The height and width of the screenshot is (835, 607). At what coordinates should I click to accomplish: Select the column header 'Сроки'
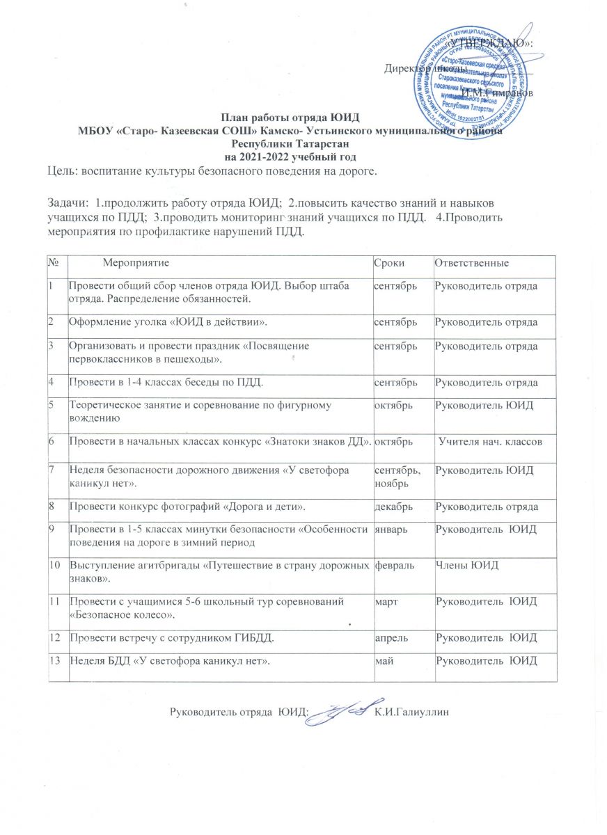coord(388,264)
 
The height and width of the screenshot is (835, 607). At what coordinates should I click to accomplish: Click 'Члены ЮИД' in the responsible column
coord(463,565)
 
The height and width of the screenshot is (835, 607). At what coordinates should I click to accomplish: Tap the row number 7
coord(52,470)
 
